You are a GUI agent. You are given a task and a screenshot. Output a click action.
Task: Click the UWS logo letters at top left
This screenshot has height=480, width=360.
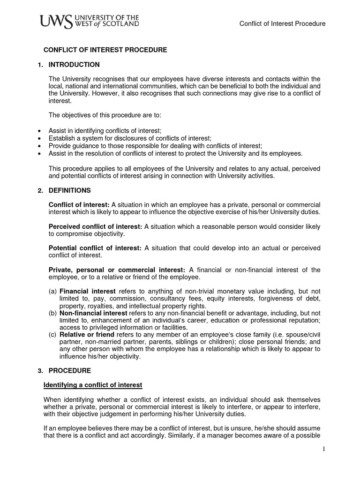coord(56,22)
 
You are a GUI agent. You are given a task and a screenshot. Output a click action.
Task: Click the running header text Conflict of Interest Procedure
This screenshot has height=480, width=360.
coord(282,23)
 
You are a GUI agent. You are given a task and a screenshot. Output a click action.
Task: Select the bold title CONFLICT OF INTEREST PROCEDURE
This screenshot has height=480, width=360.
coord(105,50)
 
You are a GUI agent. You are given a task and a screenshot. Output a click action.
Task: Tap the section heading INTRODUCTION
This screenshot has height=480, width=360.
coord(74,64)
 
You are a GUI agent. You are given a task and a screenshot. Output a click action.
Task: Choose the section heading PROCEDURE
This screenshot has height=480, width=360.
coord(70,370)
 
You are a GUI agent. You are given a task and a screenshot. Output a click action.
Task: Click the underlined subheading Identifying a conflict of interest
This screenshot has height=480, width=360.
coord(93,385)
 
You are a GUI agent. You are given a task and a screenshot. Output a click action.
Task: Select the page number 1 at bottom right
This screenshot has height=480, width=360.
coord(323,449)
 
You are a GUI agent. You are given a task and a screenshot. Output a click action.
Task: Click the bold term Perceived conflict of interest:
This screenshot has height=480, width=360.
coord(95,226)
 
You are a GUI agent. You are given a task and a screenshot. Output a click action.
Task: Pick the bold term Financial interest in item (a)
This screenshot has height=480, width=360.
coord(87,291)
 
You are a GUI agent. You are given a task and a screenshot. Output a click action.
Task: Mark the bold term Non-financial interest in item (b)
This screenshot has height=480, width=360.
coord(93,313)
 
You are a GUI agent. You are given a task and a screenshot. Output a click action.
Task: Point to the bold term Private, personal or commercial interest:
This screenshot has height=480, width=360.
coord(117,270)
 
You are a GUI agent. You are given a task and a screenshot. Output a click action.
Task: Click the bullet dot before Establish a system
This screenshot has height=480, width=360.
coord(38,139)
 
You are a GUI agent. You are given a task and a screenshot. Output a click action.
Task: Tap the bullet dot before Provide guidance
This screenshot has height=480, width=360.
coord(38,146)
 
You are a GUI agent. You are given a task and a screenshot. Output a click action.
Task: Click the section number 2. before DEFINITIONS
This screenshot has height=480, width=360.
coord(40,190)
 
